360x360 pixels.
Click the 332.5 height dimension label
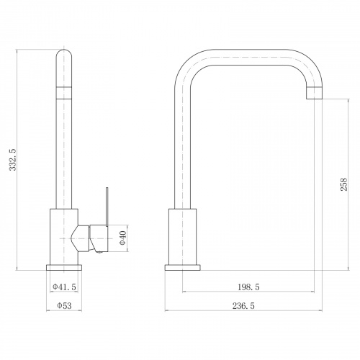tap(13, 160)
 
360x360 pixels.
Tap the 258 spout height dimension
tap(343, 184)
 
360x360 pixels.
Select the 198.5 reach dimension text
tap(248, 287)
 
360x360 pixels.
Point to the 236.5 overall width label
tap(243, 306)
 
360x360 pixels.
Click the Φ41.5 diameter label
tap(64, 287)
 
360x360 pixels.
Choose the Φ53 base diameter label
tap(64, 306)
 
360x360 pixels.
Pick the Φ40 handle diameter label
tap(122, 238)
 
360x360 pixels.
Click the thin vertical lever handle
tap(107, 207)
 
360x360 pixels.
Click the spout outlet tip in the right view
tap(315, 94)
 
